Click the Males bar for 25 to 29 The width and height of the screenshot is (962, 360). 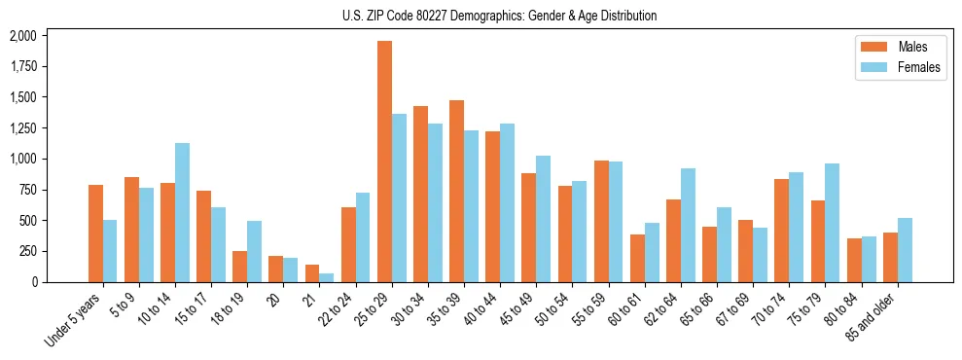click(384, 162)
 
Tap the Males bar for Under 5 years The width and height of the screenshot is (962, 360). click(95, 234)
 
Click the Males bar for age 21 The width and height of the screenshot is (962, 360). click(312, 273)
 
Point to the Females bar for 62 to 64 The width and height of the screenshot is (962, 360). click(688, 225)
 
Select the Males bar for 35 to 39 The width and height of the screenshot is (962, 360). click(456, 191)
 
